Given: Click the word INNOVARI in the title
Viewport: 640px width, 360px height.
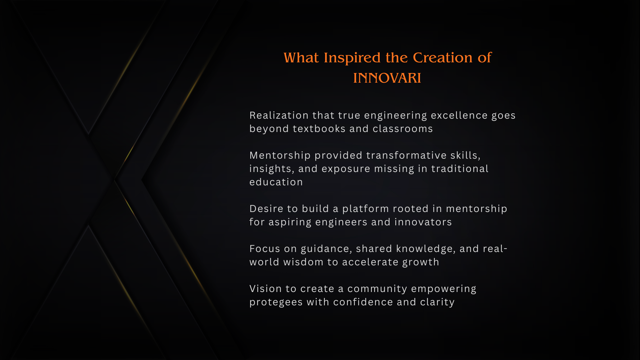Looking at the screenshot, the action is [x=387, y=78].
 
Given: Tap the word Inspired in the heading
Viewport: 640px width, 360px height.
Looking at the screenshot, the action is [x=352, y=58].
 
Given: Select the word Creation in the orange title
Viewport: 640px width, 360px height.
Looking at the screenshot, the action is [x=443, y=57].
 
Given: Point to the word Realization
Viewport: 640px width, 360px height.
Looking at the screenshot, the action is [x=279, y=115].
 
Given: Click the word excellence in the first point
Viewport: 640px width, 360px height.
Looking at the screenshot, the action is [x=459, y=115].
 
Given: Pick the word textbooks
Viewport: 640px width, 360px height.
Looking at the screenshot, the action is [x=319, y=129].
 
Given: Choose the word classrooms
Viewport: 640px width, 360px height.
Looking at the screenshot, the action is [x=403, y=129].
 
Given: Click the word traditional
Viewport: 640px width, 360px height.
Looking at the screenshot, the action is [x=460, y=169].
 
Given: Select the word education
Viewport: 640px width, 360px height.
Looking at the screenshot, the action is [x=276, y=182].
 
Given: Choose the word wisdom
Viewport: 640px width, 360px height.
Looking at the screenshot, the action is [x=303, y=262].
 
